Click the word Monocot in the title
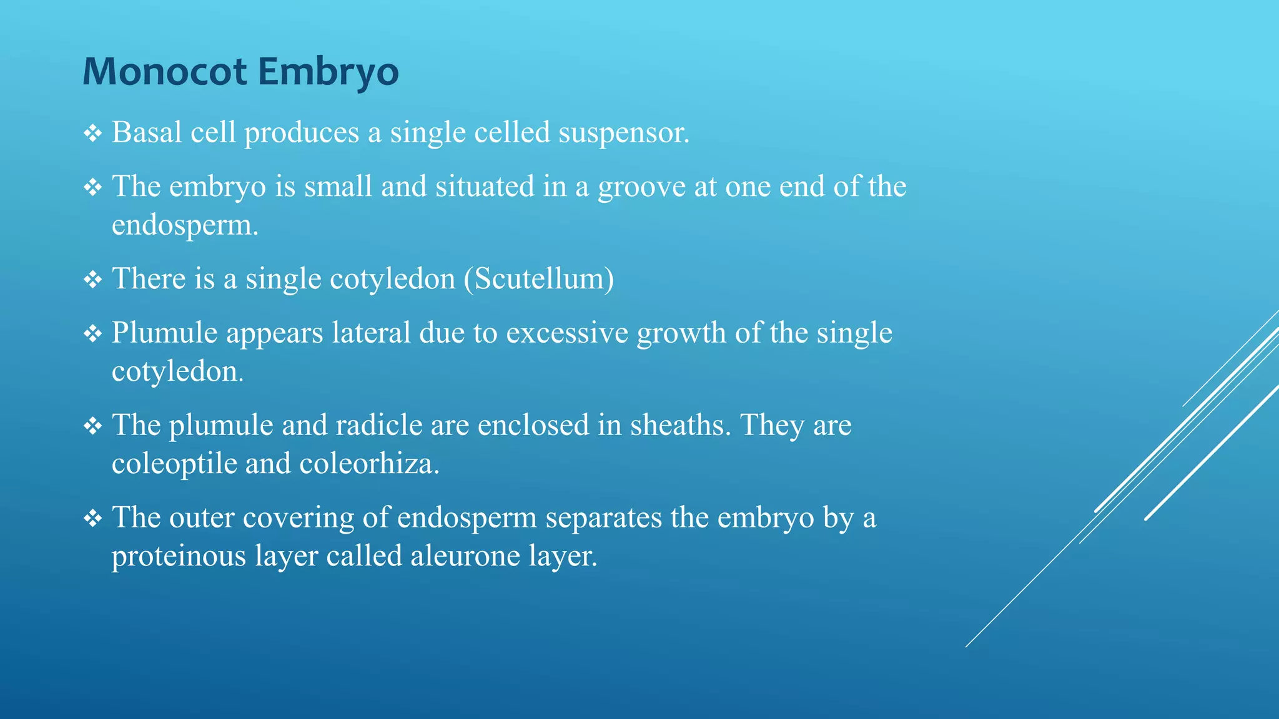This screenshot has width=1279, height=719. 165,71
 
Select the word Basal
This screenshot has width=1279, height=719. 147,132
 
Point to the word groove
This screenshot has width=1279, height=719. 642,187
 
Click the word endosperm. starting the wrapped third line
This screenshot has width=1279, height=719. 185,225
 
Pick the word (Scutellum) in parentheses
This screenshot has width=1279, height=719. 538,278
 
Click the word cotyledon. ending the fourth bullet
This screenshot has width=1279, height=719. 177,371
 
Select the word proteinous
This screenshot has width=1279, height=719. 179,556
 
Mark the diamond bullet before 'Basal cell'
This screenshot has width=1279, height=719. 93,133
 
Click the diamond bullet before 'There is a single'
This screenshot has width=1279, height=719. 93,279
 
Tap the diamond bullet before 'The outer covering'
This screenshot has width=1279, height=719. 93,518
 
